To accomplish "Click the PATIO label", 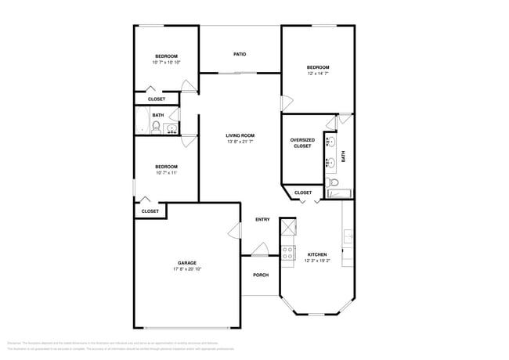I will tap(240, 54).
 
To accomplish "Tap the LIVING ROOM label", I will tap(240, 135).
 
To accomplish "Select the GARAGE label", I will tap(186, 262).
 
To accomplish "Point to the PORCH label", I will tap(260, 275).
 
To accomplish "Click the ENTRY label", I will tap(262, 219).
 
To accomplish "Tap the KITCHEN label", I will tap(317, 254).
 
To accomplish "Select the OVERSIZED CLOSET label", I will tap(302, 142).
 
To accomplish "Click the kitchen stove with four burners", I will tap(287, 252).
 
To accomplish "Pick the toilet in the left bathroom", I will tap(156, 128).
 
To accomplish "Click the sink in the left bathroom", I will tap(171, 128).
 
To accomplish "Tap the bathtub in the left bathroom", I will tap(140, 121).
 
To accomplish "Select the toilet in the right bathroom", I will tap(334, 183).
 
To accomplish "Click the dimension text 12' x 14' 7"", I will tap(317, 74).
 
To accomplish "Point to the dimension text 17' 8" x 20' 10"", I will tap(186, 269).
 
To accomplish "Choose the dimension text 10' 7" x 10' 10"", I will tap(166, 63).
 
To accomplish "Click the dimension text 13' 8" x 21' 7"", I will tap(240, 142).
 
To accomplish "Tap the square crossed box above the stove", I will tap(287, 226).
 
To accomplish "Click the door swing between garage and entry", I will tap(233, 230).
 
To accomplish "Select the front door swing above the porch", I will tap(260, 250).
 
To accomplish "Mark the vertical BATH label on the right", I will tap(343, 156).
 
